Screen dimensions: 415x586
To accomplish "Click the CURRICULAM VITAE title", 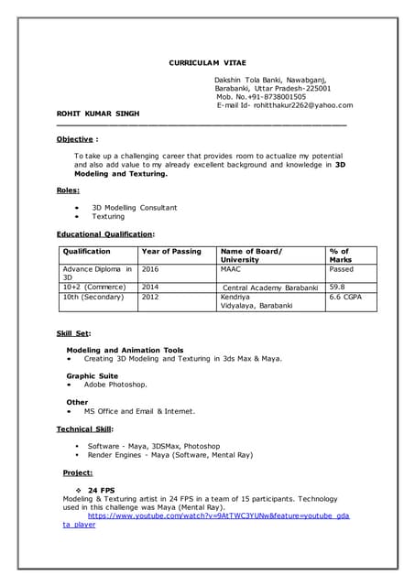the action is [207, 62].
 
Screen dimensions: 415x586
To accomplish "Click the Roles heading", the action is [69, 190].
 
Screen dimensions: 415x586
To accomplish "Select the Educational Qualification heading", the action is [105, 234].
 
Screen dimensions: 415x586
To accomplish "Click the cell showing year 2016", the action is [150, 269].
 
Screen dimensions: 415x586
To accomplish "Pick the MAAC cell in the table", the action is [231, 269].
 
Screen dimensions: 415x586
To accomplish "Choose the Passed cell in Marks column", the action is [341, 269].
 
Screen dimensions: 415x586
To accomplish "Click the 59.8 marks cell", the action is [338, 287].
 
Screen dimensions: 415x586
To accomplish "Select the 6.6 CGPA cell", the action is [347, 298].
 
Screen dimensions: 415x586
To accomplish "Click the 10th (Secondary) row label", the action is [93, 298].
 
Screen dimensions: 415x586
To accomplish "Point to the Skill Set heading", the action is [73, 333].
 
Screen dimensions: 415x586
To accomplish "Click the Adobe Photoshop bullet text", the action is [115, 385].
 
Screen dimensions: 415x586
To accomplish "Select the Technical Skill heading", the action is [85, 429].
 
